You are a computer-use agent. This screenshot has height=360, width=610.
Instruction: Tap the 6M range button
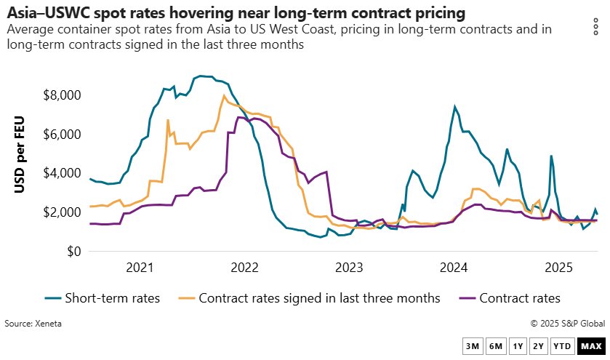(496, 346)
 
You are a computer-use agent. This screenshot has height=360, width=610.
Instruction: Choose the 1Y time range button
(518, 346)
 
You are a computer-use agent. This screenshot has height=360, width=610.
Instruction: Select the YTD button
(562, 346)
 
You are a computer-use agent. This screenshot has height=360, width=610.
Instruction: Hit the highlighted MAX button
(590, 346)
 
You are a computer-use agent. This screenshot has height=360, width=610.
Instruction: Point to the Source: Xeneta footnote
(33, 323)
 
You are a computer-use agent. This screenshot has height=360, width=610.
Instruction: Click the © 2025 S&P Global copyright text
(567, 323)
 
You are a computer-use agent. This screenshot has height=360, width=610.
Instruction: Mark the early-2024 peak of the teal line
(455, 107)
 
